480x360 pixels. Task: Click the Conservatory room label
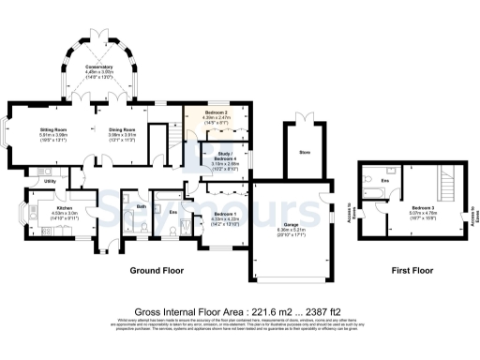click(x=98, y=67)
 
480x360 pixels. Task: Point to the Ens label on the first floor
click(x=385, y=181)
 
